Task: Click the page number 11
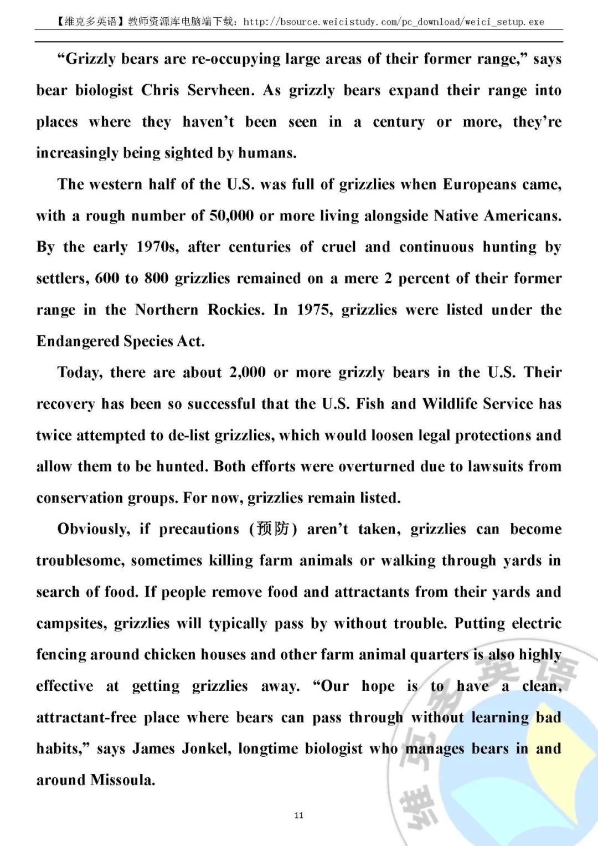pos(299,815)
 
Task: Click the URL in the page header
pos(394,22)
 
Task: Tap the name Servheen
pos(221,90)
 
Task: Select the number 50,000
pos(231,216)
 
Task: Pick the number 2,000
pos(248,372)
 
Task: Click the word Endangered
pos(77,341)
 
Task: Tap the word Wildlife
pos(450,403)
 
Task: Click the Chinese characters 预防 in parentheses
pos(273,529)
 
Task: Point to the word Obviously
pos(94,529)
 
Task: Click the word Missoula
pos(122,780)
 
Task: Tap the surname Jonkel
pos(207,748)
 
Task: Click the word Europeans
pos(481,184)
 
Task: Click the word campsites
pos(71,623)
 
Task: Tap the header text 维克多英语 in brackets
pos(90,22)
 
